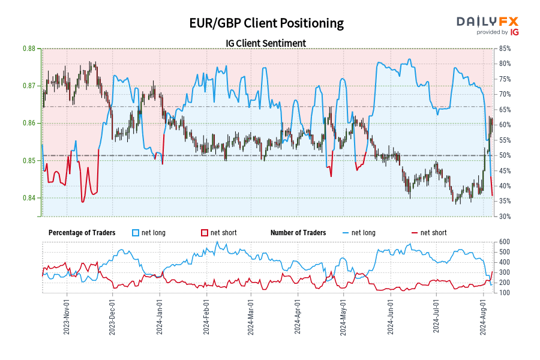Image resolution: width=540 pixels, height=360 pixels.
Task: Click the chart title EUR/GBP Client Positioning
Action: pos(266,23)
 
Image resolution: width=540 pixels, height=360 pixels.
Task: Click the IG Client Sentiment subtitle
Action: pos(266,43)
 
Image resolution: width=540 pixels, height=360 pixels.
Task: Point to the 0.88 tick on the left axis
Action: pos(28,49)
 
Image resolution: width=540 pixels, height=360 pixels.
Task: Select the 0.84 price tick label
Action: pos(28,198)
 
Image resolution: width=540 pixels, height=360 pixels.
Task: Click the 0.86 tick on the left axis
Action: pos(28,123)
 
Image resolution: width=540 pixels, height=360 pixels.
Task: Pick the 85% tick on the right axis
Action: pos(505,49)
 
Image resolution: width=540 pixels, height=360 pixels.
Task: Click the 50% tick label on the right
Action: pos(505,155)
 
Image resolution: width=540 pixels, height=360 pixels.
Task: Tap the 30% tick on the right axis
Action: pos(505,217)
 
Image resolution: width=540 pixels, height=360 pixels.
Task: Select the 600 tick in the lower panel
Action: pos(504,242)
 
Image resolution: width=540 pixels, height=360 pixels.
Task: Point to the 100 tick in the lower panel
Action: pos(504,293)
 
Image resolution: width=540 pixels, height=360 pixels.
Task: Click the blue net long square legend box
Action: pos(136,233)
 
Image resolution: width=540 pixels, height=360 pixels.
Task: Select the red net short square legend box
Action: pos(204,233)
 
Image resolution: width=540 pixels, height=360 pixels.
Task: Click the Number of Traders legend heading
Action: pos(298,233)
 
